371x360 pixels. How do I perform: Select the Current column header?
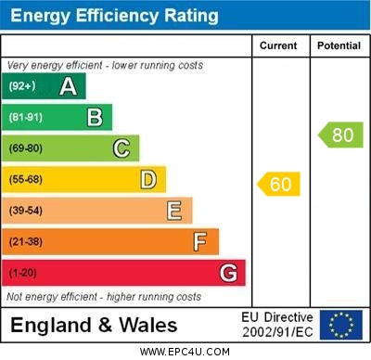(278, 45)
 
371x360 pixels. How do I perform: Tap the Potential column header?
(338, 45)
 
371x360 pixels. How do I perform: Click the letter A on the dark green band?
(68, 86)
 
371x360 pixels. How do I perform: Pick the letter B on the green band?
(95, 117)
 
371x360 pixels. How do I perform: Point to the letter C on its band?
(122, 148)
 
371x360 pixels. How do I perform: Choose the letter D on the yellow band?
(148, 179)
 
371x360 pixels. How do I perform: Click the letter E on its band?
(174, 211)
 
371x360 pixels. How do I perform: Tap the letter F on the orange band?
(200, 242)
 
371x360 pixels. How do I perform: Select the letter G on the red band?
(228, 273)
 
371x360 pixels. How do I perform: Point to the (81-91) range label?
(25, 118)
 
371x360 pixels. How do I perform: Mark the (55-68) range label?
(25, 180)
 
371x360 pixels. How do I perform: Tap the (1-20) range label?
(22, 274)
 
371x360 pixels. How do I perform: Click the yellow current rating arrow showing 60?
(279, 185)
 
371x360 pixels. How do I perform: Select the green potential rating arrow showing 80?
(340, 135)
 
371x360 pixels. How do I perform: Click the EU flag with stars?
(340, 325)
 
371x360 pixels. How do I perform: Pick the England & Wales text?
(94, 325)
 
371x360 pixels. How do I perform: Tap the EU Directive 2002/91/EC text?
(277, 325)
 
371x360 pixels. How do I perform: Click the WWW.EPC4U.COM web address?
(185, 352)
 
